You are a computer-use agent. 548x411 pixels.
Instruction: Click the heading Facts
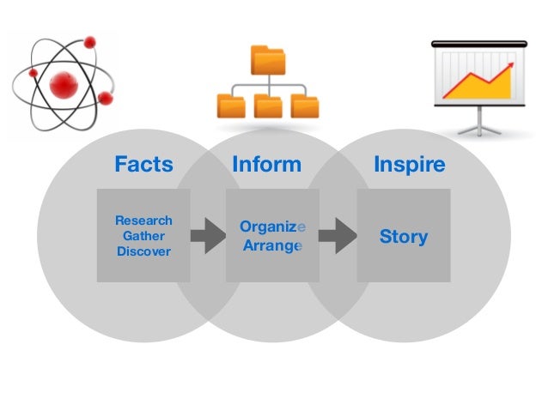pos(143,164)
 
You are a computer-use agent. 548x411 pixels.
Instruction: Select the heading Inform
pos(266,164)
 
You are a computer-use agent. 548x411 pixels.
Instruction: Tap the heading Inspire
pos(409,164)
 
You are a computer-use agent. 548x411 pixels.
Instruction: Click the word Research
pos(143,220)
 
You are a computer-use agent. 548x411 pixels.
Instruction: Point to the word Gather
pos(143,235)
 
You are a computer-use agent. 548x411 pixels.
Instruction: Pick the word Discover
pos(143,251)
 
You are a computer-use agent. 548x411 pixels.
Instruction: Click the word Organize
pos(271,227)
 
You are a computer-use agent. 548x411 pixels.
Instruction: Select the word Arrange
pos(271,245)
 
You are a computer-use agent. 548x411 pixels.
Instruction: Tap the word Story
pos(403,236)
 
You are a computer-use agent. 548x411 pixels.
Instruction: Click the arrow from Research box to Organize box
pos(207,235)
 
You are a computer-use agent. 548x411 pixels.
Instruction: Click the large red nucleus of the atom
pos(64,84)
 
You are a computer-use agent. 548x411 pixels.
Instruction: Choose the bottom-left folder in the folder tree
pos(229,106)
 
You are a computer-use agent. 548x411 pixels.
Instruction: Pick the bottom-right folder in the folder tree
pos(305,106)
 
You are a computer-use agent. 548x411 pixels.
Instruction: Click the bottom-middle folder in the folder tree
pos(267,106)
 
